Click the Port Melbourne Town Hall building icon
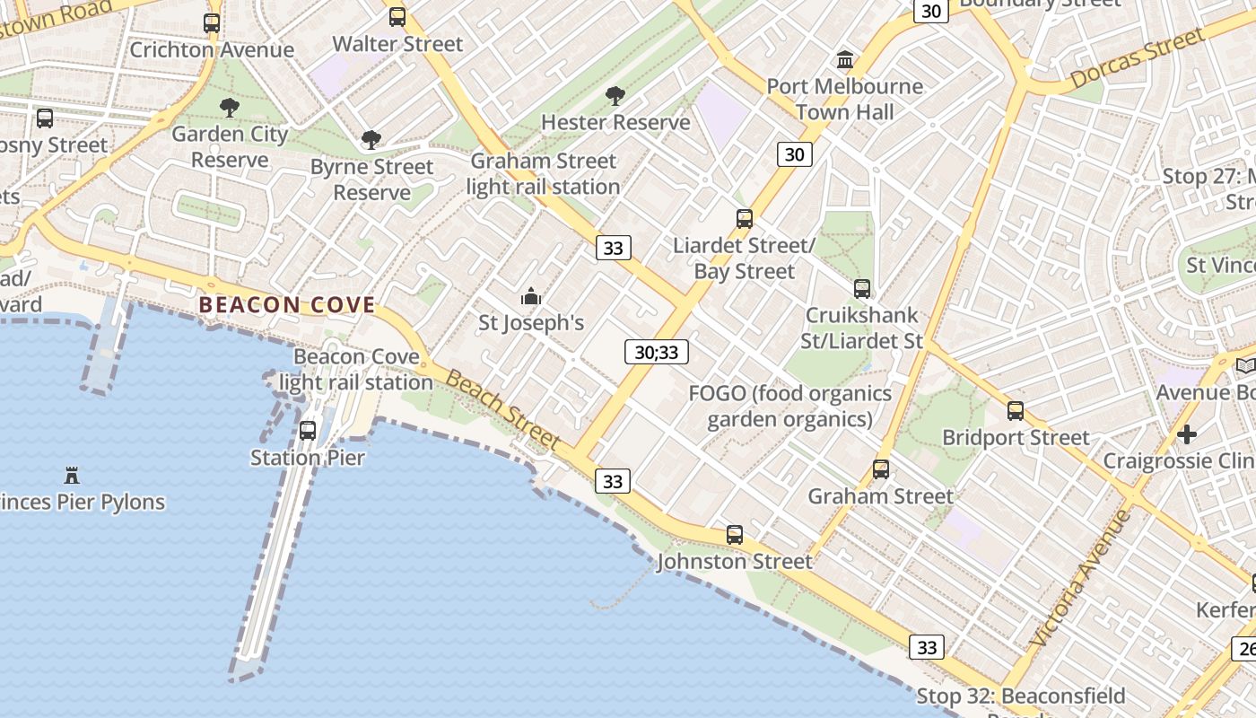845,60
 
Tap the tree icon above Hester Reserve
615,95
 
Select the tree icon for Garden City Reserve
230,108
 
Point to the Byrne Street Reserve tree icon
371,140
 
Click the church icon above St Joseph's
531,295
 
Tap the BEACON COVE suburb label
287,305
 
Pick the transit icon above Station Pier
308,431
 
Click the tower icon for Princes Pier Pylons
72,475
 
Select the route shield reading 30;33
657,353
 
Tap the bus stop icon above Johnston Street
735,536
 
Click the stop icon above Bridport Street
1016,411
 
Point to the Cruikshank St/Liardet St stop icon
862,289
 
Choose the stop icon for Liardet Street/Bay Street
745,219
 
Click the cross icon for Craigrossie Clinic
1187,435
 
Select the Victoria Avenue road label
1081,579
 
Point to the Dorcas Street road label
1137,59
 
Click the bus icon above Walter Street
397,17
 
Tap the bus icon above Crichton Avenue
212,23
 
